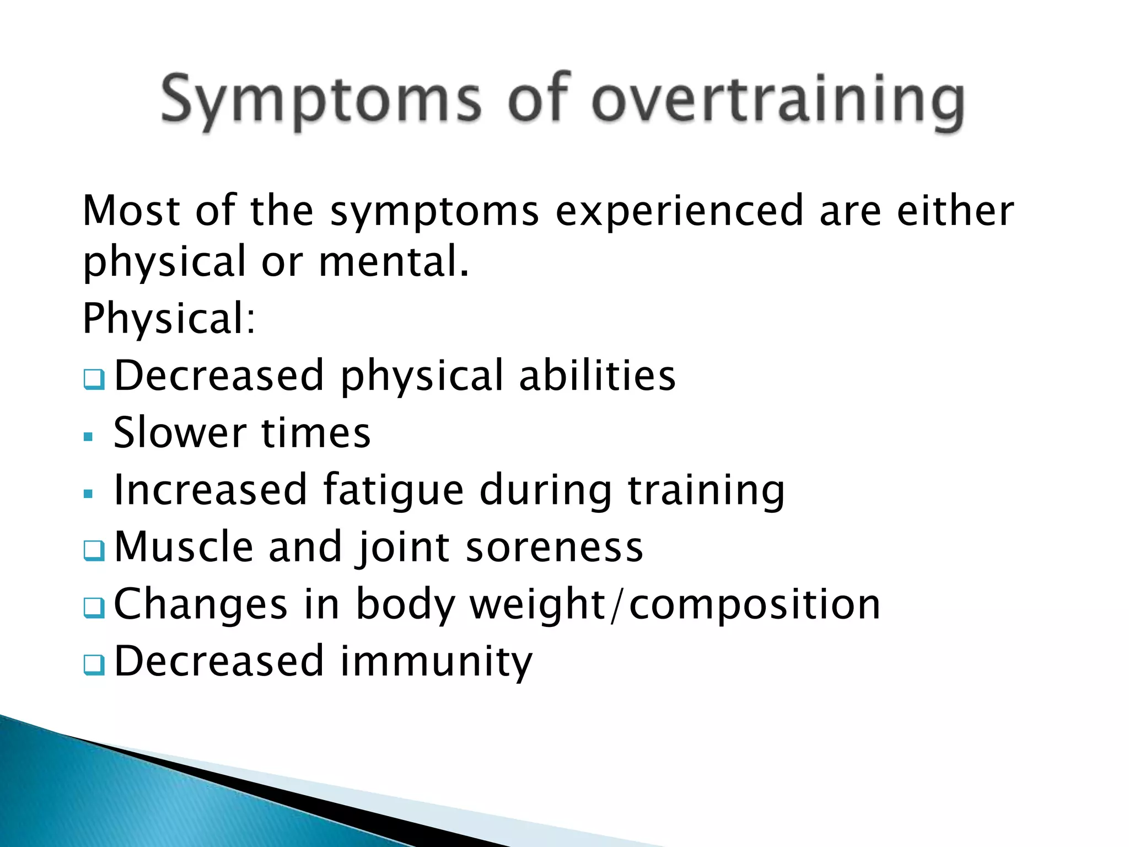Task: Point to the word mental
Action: click(x=394, y=261)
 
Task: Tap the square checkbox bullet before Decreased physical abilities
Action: click(x=94, y=379)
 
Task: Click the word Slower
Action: click(x=180, y=433)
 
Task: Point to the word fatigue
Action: click(x=393, y=491)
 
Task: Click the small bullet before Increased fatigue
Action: click(x=88, y=494)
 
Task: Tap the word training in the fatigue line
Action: click(x=706, y=491)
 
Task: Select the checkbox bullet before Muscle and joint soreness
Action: click(x=94, y=550)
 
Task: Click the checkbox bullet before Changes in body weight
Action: click(x=94, y=608)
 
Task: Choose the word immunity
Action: click(x=436, y=662)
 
